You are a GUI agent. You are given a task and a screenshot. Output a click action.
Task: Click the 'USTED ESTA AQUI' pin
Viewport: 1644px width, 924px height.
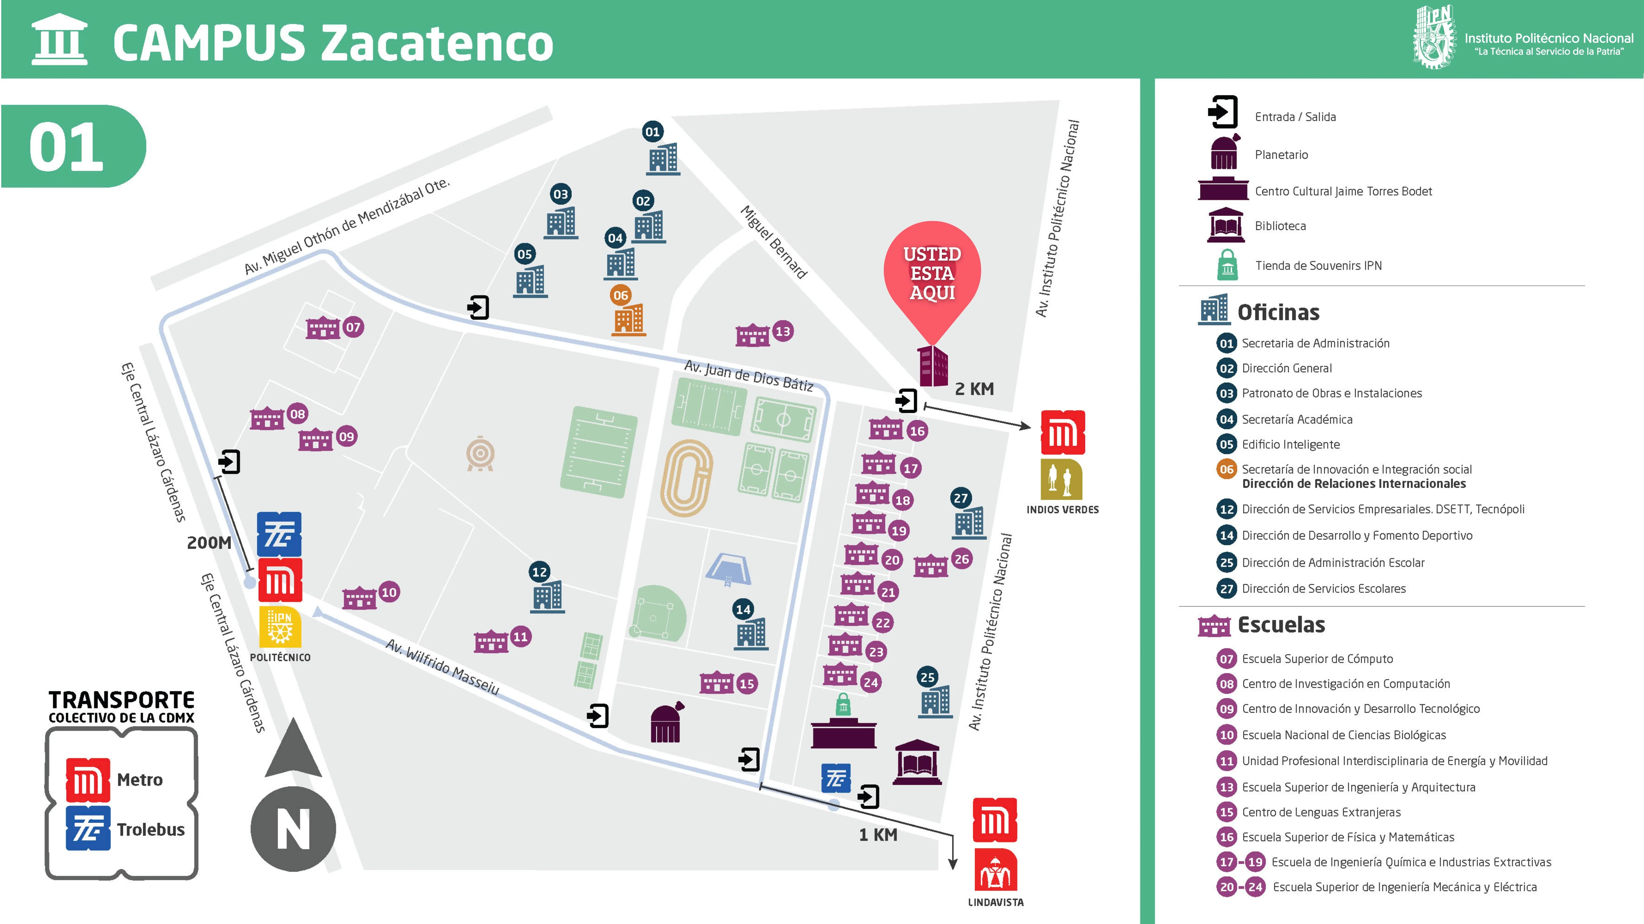(932, 274)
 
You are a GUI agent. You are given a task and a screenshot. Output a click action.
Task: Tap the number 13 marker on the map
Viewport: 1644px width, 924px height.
(783, 331)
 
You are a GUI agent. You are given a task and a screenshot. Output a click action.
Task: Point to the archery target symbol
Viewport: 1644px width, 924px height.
(480, 454)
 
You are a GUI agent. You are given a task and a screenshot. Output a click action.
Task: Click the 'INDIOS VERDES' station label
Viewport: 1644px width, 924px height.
(1063, 510)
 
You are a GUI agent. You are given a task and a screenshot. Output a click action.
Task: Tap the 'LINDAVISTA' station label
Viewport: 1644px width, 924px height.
(996, 902)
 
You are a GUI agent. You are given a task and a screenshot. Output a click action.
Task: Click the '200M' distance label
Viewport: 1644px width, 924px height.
(209, 543)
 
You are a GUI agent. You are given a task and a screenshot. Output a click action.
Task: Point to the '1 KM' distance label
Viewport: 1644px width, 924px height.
(878, 835)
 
